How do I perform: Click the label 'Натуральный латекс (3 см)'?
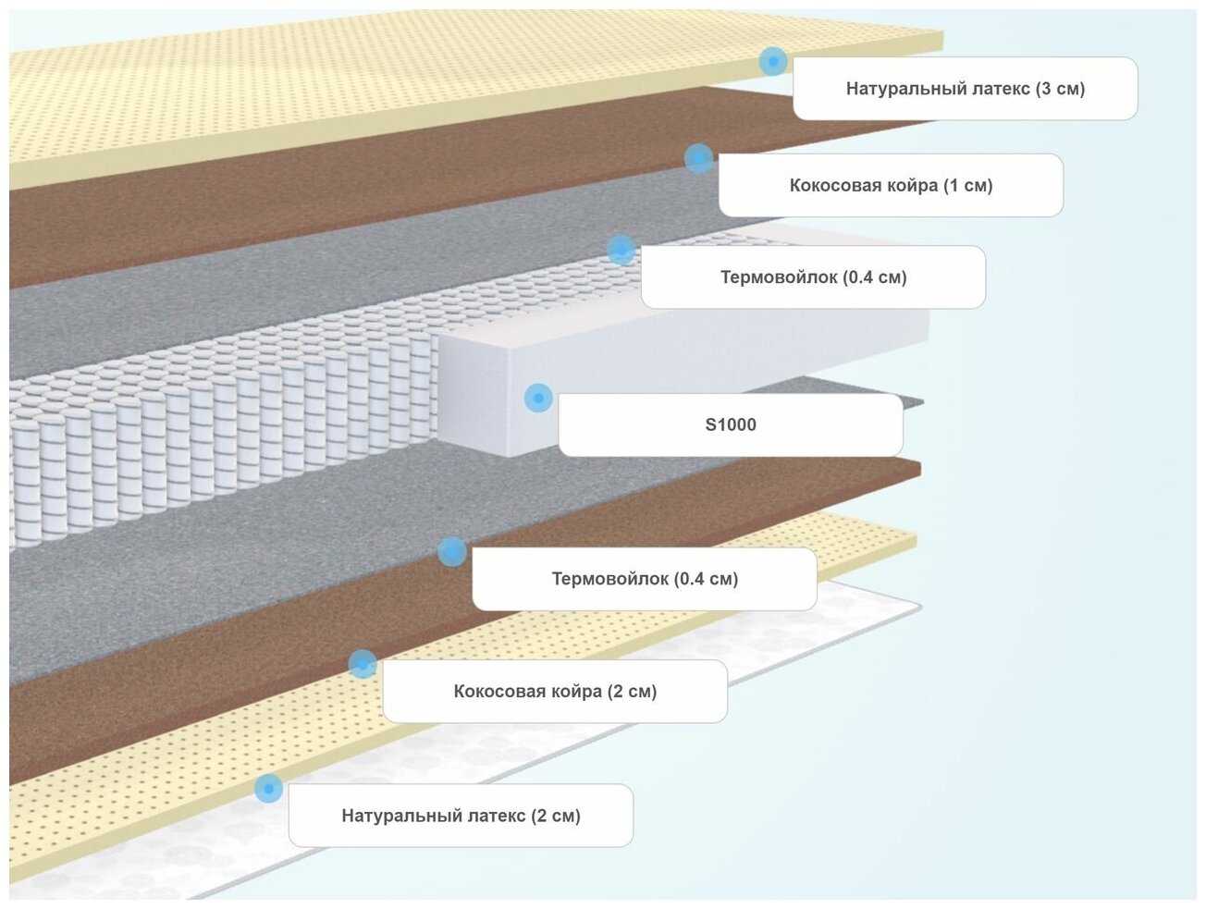pyautogui.click(x=965, y=89)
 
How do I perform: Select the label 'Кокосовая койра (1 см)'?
pyautogui.click(x=890, y=185)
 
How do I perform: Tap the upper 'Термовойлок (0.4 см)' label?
pyautogui.click(x=813, y=276)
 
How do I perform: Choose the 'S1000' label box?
pyautogui.click(x=730, y=424)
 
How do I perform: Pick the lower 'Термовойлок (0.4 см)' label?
pyautogui.click(x=644, y=579)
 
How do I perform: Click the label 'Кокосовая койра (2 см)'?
pyautogui.click(x=554, y=691)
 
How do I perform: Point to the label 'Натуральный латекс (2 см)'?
pyautogui.click(x=461, y=816)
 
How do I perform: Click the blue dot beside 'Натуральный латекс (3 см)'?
pyautogui.click(x=773, y=62)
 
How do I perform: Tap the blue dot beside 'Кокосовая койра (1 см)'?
pyautogui.click(x=698, y=157)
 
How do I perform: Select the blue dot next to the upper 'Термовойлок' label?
pyautogui.click(x=621, y=250)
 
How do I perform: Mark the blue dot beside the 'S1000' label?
pyautogui.click(x=538, y=398)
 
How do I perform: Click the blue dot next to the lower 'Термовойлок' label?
pyautogui.click(x=451, y=552)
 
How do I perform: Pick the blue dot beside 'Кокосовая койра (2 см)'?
pyautogui.click(x=363, y=663)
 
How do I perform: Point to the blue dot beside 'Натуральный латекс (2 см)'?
pyautogui.click(x=268, y=789)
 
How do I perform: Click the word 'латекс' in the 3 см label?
pyautogui.click(x=1000, y=89)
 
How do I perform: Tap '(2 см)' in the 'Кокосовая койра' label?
pyautogui.click(x=632, y=691)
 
